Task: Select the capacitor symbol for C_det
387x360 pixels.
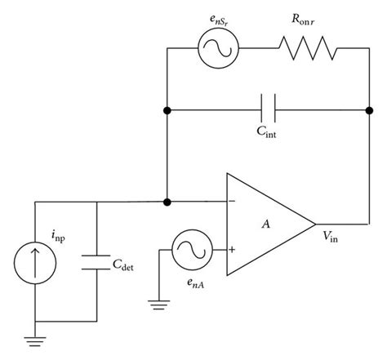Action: (97, 264)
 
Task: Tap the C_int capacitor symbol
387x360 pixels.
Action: (266, 108)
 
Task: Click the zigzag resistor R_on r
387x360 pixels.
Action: (309, 49)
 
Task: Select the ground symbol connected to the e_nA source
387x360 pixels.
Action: (157, 304)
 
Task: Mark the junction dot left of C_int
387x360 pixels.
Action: (167, 108)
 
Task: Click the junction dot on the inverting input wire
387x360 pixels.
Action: (167, 201)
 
